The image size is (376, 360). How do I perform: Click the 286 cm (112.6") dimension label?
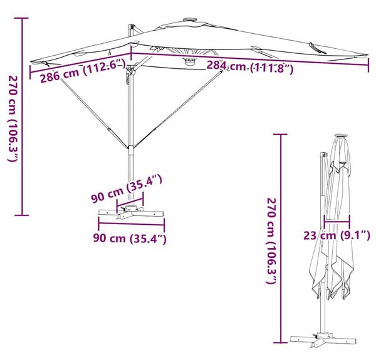point(83,71)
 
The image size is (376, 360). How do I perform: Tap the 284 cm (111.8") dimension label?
point(250,67)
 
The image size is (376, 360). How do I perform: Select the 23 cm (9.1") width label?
point(337,235)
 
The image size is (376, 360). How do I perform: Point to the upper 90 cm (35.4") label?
point(127,188)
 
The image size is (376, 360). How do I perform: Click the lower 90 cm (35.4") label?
point(130,239)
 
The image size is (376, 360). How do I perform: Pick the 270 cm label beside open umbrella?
point(13,118)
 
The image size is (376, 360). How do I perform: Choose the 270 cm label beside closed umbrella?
point(272,240)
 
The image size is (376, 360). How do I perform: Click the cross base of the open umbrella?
point(132,212)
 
